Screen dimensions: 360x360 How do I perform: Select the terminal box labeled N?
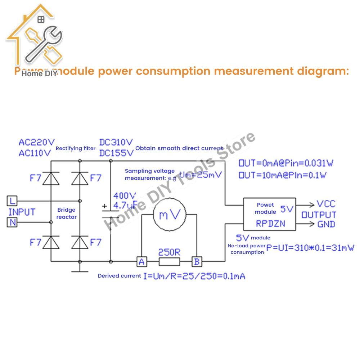[x=12, y=222]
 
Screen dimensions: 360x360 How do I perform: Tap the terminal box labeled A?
[x=141, y=262]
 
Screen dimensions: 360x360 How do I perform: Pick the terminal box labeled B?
[x=197, y=262]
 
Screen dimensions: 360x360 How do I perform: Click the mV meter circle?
[x=170, y=215]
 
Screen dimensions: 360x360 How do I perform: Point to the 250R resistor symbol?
[x=169, y=262]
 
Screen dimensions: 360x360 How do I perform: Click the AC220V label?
[x=36, y=143]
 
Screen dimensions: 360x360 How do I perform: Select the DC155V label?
[x=116, y=153]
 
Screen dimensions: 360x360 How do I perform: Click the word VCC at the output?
[x=326, y=204]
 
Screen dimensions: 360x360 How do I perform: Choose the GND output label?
[x=326, y=224]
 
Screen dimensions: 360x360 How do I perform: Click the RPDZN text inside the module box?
[x=270, y=224]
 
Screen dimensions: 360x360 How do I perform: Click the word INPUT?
[x=22, y=212]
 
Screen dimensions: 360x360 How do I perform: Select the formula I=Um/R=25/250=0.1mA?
[x=194, y=276]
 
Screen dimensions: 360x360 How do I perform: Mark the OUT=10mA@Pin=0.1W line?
[x=283, y=175]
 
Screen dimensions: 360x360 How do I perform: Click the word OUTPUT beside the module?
[x=319, y=215]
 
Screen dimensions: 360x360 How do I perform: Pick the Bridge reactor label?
[x=66, y=213]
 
